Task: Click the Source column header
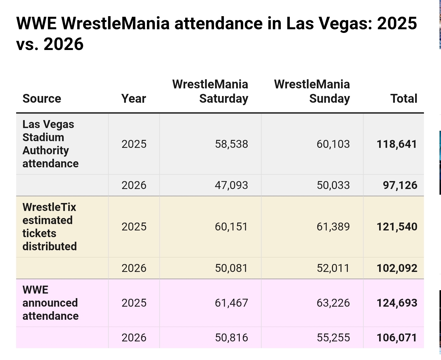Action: [42, 98]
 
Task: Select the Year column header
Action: [134, 98]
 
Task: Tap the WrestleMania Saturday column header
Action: [210, 91]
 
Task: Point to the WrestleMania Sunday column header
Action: [312, 91]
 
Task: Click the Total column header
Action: [404, 98]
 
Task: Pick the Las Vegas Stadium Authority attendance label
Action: [50, 144]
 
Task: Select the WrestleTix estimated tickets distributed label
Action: [50, 227]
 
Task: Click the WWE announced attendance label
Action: [50, 303]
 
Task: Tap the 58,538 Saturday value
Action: [231, 144]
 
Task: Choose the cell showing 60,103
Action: [333, 144]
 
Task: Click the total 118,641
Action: [397, 144]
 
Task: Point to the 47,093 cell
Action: [231, 185]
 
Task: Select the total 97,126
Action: [400, 185]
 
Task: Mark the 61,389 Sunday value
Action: [333, 227]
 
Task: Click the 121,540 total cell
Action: [397, 227]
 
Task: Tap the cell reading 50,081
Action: [231, 268]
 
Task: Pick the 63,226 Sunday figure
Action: [333, 303]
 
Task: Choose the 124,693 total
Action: [397, 303]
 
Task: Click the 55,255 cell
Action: [333, 338]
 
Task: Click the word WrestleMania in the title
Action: [115, 23]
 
